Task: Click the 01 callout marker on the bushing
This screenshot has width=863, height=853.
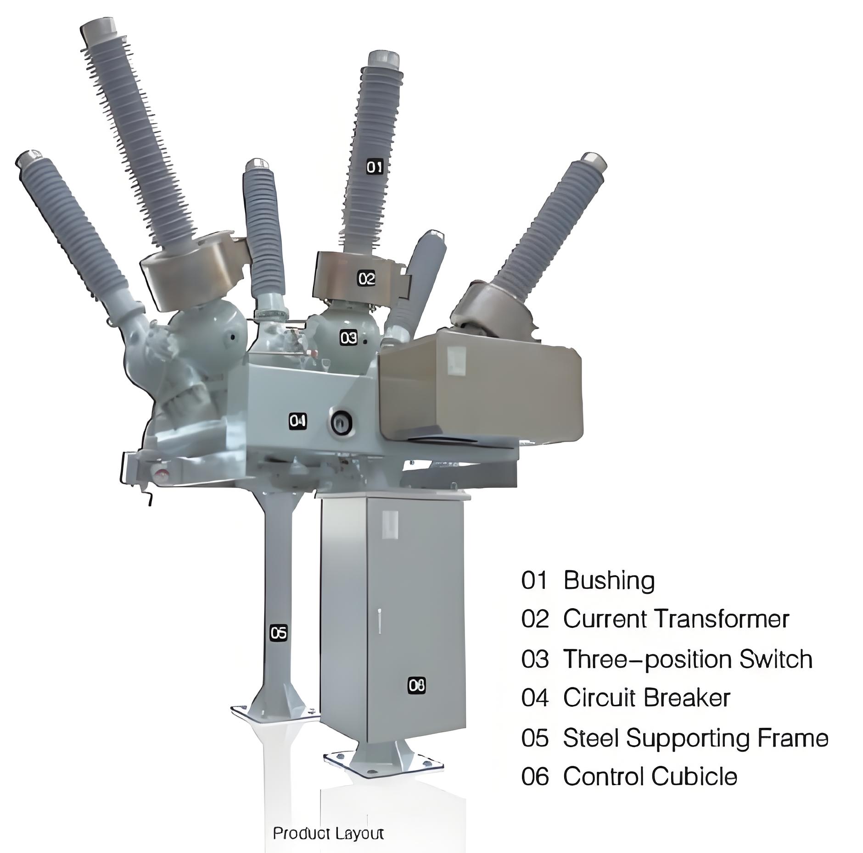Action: tap(374, 167)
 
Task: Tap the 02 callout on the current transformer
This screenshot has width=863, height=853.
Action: tap(366, 278)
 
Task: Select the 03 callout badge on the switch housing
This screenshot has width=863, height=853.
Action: tap(348, 338)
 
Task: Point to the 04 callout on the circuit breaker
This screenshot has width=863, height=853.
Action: tap(297, 420)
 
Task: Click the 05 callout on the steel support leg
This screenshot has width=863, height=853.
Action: tap(278, 633)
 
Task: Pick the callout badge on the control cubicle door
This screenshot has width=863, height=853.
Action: tap(417, 686)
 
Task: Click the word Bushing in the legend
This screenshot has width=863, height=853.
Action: tap(609, 581)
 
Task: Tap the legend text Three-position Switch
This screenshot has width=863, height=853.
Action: tap(688, 659)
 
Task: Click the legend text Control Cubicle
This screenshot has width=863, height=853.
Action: tap(650, 776)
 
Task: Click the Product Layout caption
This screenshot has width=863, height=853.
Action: tap(328, 833)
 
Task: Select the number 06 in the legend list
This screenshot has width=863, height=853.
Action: tap(535, 777)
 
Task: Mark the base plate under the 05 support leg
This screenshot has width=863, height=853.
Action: tap(275, 713)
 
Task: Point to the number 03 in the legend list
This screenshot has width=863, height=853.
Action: tap(535, 659)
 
